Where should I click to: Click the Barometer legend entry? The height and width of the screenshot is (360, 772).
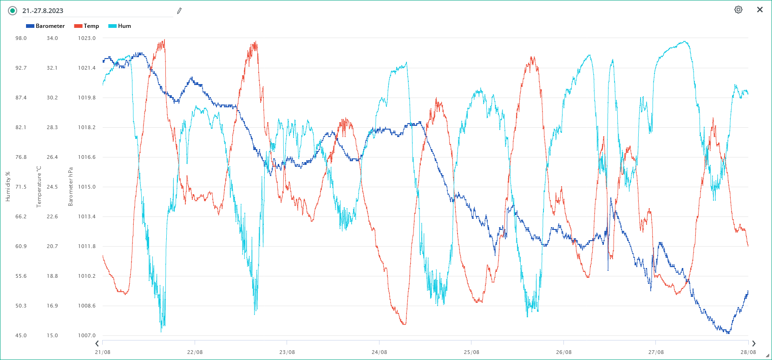pos(46,26)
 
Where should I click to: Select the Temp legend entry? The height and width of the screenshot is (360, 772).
pos(87,26)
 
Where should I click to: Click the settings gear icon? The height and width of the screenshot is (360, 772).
pos(738,10)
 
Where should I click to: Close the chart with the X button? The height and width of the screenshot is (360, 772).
pos(760,10)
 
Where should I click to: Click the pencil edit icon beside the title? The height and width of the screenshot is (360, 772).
pos(179,11)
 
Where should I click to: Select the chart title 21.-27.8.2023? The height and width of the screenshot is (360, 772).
pos(43,11)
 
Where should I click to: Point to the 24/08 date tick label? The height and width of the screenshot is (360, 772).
pos(379,352)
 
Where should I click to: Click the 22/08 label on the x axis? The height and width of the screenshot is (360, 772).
pos(195,352)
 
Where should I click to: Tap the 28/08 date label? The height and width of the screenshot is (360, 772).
pos(748,352)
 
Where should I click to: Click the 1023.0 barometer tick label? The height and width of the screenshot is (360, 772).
pos(87,38)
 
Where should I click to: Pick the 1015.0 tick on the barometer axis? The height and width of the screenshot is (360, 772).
pos(87,187)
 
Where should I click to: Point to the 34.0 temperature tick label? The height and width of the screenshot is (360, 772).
pos(52,38)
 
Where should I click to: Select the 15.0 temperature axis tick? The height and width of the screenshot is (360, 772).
pos(52,335)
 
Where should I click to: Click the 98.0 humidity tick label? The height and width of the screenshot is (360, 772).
pos(21,38)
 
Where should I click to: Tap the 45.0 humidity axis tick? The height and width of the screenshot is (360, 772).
pos(21,335)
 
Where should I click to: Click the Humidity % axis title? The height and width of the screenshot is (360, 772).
pos(8,187)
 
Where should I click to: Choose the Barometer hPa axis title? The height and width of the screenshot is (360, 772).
pos(71,187)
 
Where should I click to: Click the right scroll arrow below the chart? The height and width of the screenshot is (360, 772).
pos(753,344)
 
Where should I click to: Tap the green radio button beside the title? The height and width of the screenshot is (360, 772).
pos(13,11)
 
